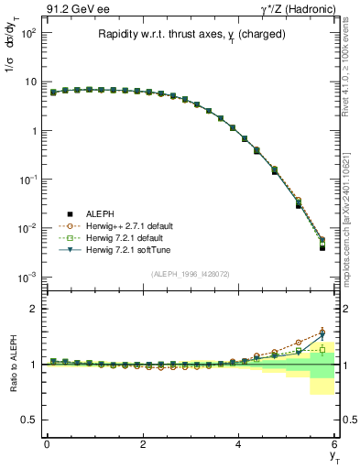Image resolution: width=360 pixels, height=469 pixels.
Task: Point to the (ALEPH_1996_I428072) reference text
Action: tap(190, 274)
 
